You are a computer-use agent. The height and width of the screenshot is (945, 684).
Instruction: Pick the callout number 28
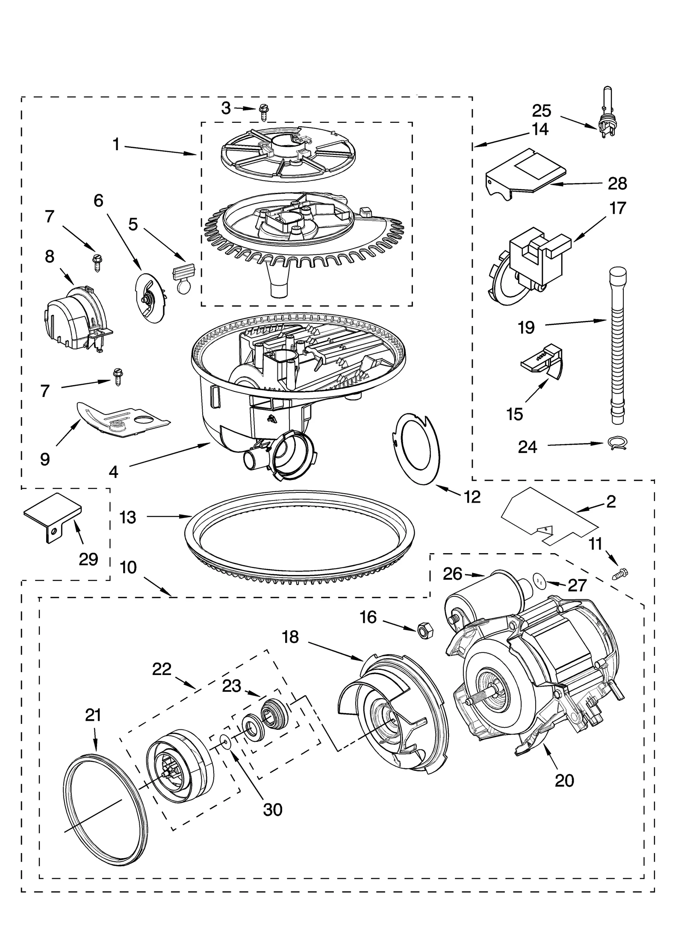(x=617, y=184)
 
